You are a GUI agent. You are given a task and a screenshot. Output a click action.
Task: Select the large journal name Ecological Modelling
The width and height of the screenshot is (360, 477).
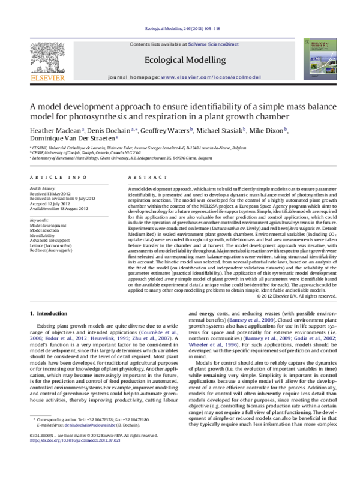coord(179,61)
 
